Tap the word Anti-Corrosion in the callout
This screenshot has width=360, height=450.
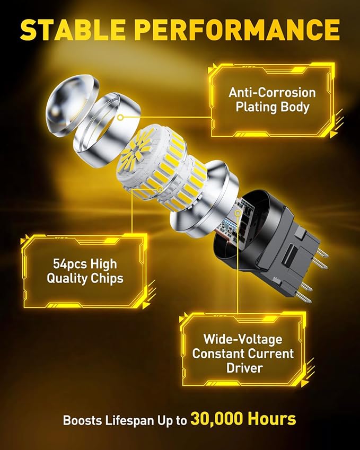point(272,92)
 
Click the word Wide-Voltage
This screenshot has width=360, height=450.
point(243,338)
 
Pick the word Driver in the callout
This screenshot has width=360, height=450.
point(243,367)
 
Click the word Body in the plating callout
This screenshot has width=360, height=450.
point(298,107)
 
